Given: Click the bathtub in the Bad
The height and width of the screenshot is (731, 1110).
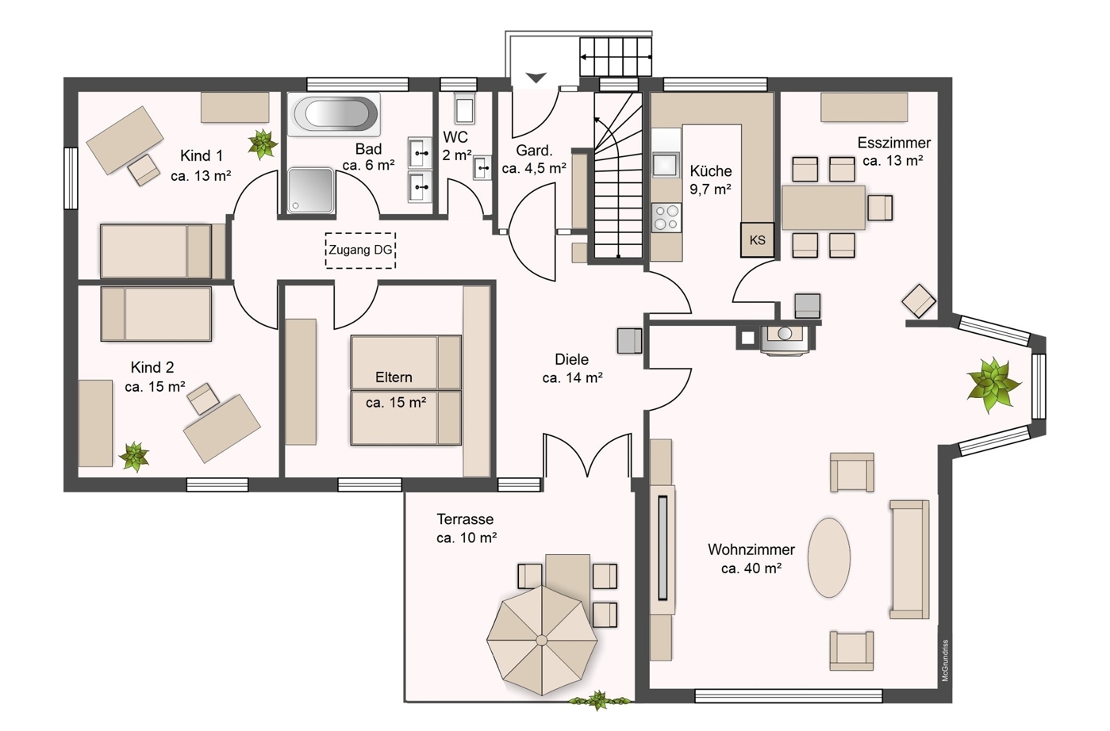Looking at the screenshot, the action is point(335,114).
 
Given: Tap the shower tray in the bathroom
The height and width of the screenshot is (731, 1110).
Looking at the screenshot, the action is point(311,190).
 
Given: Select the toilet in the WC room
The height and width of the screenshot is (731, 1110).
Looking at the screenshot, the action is point(465,108).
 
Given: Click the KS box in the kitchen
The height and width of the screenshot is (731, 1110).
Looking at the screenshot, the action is point(757,240).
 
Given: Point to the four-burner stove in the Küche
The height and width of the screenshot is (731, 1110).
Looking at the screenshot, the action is point(666,217).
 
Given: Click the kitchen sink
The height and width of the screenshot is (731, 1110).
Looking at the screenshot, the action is point(666,165).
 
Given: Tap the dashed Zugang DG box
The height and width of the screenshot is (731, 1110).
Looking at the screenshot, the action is point(360,251).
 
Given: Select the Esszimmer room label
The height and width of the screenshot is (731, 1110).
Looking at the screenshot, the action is point(894,143).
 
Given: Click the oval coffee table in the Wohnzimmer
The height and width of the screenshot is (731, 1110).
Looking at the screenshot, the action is point(829,557).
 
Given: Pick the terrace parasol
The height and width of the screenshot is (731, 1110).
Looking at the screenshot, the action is point(542,641).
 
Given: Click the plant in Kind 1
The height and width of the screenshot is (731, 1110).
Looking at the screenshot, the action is point(262,144).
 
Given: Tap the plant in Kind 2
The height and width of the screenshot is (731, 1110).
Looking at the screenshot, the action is point(134,456).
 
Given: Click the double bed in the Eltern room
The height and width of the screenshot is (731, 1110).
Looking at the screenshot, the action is point(406,390).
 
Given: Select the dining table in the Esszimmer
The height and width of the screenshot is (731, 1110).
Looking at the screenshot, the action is point(824,208).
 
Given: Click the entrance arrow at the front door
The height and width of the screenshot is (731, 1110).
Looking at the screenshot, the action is point(536,78).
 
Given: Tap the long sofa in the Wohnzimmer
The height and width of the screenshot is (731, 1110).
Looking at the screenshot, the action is point(909,560).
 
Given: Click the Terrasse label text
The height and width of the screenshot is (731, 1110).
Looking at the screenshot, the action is point(465,519).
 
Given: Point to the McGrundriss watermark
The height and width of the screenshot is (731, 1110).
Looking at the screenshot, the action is point(945,660).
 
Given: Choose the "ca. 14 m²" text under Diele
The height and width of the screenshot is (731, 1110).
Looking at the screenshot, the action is point(572,378).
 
